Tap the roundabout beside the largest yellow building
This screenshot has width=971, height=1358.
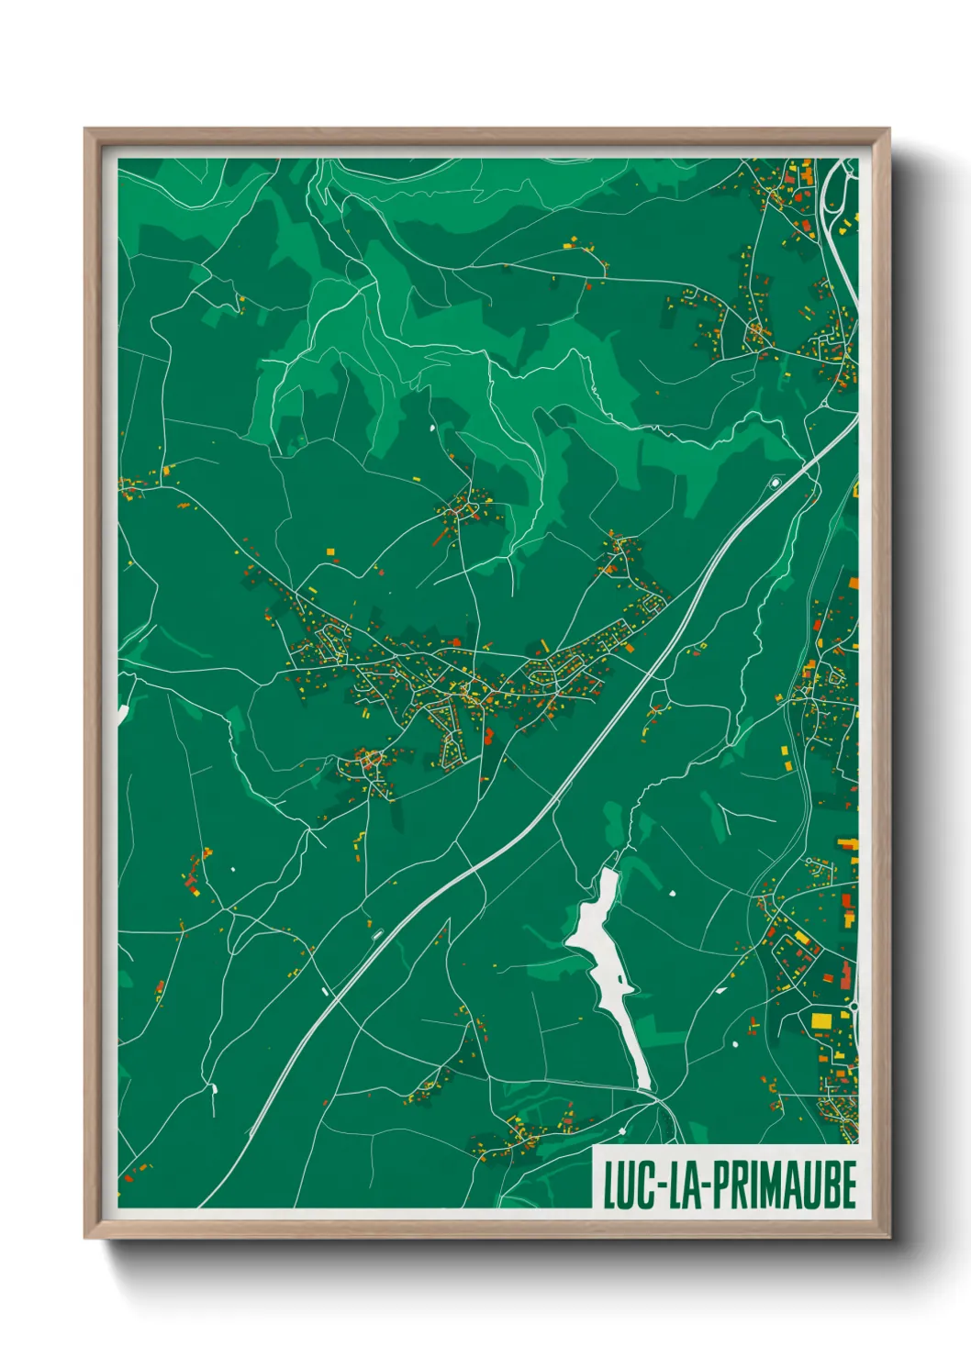pyautogui.click(x=854, y=1007)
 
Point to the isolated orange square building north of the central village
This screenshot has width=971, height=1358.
pyautogui.click(x=330, y=552)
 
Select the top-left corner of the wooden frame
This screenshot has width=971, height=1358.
pyautogui.click(x=85, y=129)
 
